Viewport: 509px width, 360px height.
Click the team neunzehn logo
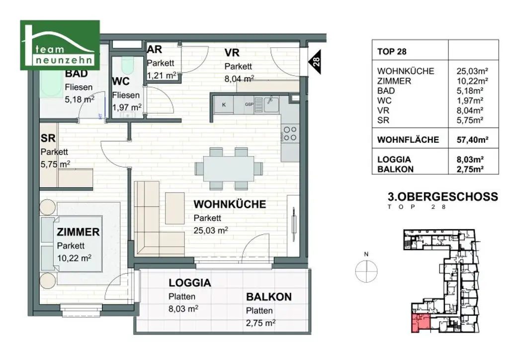pyautogui.click(x=60, y=45)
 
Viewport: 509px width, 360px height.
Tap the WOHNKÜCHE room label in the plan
pyautogui.click(x=229, y=204)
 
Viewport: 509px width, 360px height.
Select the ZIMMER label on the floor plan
pyautogui.click(x=78, y=232)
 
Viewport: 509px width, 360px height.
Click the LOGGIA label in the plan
pyautogui.click(x=190, y=283)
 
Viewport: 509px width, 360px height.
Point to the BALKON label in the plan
pyautogui.click(x=268, y=297)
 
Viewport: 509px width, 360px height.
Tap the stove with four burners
pyautogui.click(x=290, y=133)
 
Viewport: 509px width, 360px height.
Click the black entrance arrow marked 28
pyautogui.click(x=316, y=62)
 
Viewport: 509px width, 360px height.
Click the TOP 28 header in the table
pyautogui.click(x=392, y=52)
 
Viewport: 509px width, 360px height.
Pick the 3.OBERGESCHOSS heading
pyautogui.click(x=442, y=196)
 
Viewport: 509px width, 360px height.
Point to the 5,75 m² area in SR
pyautogui.click(x=55, y=163)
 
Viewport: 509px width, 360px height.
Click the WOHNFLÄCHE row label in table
pyautogui.click(x=408, y=140)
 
